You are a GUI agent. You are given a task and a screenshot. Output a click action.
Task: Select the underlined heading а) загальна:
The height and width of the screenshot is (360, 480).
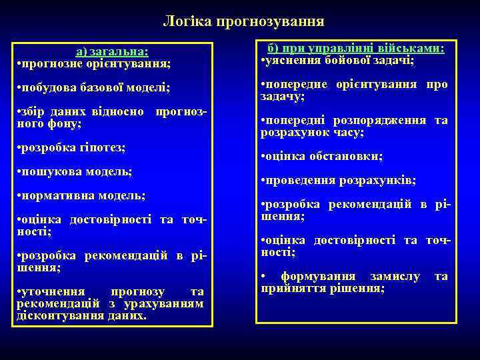pyautogui.click(x=112, y=51)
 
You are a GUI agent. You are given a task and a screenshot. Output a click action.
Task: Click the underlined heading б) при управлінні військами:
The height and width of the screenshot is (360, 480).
pyautogui.click(x=356, y=49)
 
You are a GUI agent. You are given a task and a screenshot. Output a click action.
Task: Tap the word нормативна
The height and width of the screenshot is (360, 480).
pyautogui.click(x=59, y=195)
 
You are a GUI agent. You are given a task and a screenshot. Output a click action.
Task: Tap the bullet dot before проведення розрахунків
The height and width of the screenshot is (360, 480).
pyautogui.click(x=264, y=181)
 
